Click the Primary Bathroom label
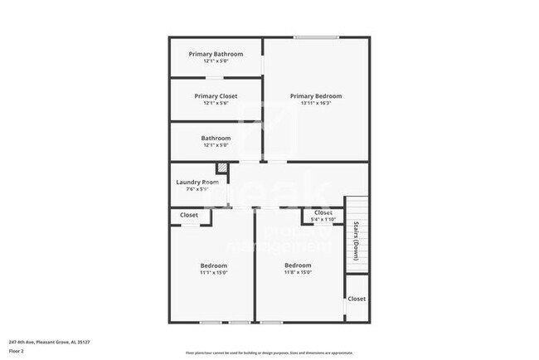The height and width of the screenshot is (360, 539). coord(216,55)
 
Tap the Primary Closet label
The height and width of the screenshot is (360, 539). coord(216,96)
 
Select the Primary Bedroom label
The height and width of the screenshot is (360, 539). coord(315,96)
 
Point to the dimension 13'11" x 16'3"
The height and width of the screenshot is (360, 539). coord(315,104)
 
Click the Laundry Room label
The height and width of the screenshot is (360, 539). coord(197,182)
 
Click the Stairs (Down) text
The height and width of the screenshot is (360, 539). coord(357,241)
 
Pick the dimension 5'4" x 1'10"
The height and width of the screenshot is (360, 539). coord(323,220)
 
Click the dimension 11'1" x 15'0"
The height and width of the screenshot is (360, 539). coord(213,272)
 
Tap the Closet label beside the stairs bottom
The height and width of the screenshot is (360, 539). coord(357,299)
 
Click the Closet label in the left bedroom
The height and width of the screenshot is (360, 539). coord(189,215)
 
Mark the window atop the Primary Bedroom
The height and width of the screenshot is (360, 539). coord(315,37)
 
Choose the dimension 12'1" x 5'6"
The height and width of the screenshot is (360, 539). coord(216,104)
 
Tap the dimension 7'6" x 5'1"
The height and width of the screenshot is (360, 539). coord(197,189)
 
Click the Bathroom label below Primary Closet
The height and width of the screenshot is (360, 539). coord(216,138)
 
